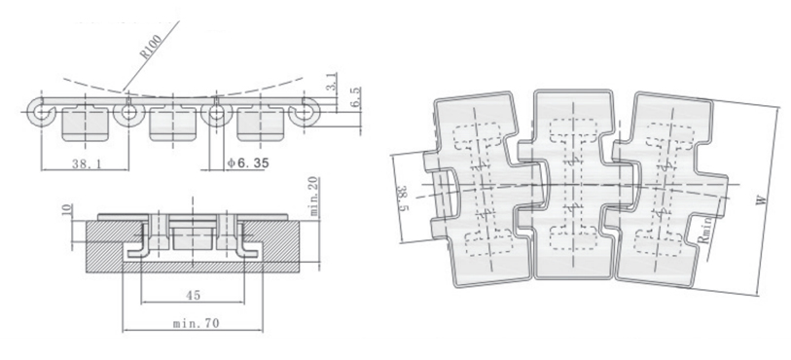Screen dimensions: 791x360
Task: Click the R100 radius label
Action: pyautogui.click(x=151, y=47)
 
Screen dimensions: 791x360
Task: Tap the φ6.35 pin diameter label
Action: pyautogui.click(x=248, y=162)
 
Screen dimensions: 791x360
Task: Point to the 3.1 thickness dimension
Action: pyautogui.click(x=332, y=82)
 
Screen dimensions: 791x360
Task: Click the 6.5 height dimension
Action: pyautogui.click(x=355, y=96)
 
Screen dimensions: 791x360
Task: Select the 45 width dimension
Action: pyautogui.click(x=193, y=296)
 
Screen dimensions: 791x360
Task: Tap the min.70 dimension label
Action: pyautogui.click(x=196, y=323)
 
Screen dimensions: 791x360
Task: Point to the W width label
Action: pyautogui.click(x=762, y=200)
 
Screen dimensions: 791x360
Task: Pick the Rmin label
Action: pyautogui.click(x=705, y=230)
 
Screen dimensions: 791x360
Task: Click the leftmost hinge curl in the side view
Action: pyautogui.click(x=40, y=112)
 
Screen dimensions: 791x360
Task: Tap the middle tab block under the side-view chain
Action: pyautogui.click(x=172, y=126)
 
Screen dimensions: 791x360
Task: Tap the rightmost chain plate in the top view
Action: pyautogui.click(x=671, y=191)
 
